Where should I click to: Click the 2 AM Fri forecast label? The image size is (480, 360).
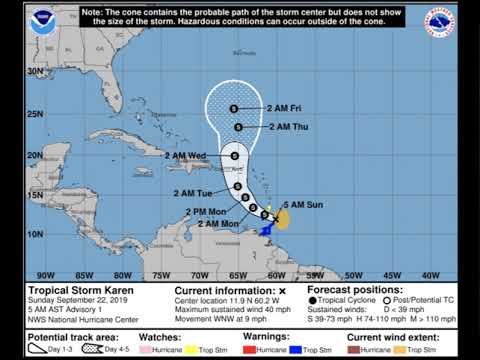[284, 107]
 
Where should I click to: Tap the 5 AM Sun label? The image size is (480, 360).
[305, 204]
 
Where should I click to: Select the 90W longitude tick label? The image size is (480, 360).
[45, 275]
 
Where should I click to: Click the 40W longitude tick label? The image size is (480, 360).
[432, 275]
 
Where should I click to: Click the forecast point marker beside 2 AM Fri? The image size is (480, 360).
[233, 108]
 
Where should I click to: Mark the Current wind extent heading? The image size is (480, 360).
[392, 339]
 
